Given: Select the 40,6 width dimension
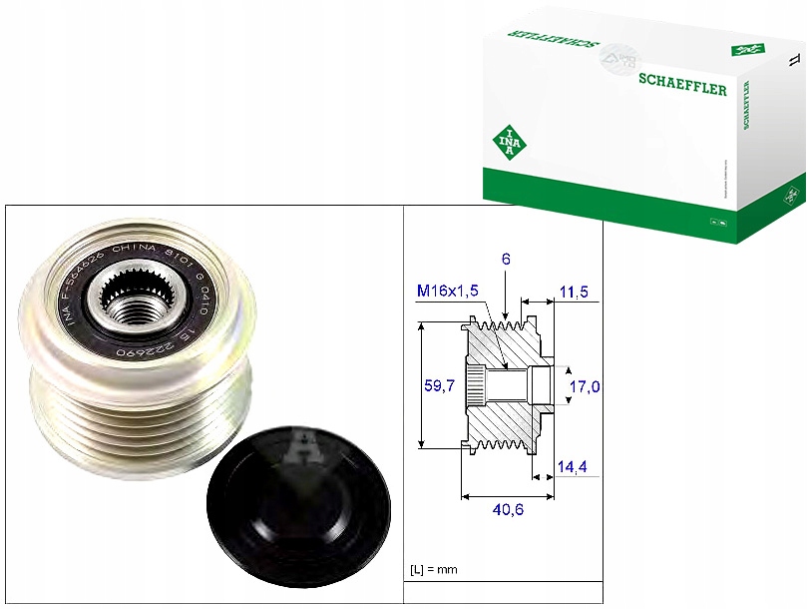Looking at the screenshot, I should pos(509,509).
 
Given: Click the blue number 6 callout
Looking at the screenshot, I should pos(507,259).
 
